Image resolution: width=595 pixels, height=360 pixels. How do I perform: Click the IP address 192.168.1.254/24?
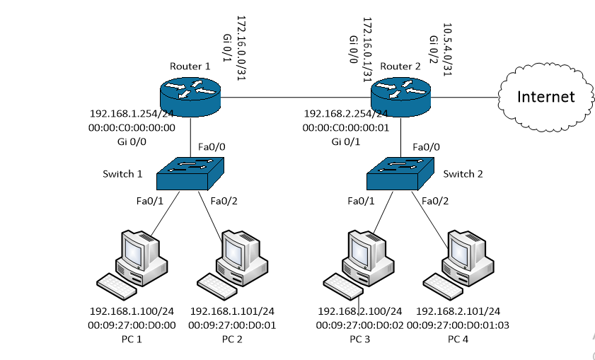[132, 113]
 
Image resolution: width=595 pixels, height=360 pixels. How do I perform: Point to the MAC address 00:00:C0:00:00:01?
[346, 127]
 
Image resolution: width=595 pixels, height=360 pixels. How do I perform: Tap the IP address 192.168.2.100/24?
[360, 311]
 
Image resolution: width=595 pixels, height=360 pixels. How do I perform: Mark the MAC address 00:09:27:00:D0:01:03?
[463, 325]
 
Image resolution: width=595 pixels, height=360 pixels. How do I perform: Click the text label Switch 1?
[122, 174]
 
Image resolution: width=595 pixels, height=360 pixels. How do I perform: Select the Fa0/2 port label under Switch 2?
[436, 201]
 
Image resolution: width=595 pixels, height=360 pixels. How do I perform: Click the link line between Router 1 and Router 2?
[297, 96]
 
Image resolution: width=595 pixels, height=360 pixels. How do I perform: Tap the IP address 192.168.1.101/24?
[232, 311]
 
